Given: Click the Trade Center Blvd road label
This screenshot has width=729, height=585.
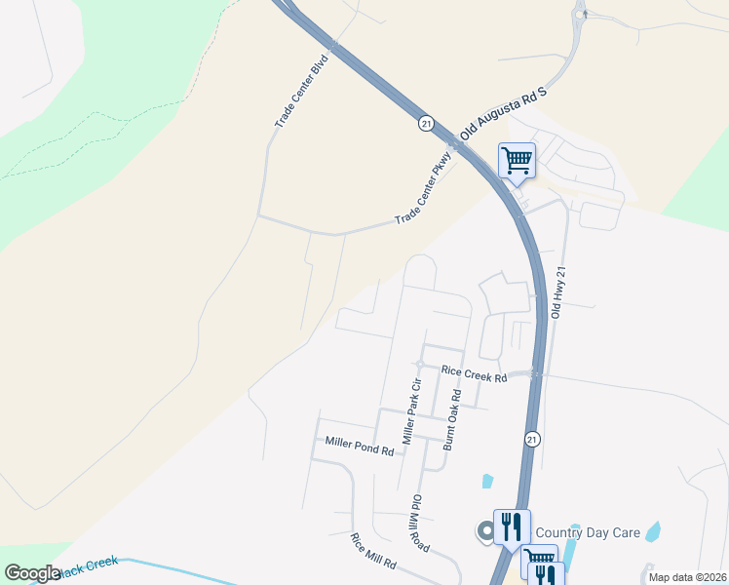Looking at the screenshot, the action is tap(301, 91).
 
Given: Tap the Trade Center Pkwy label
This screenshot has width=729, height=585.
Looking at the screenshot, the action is tap(426, 184).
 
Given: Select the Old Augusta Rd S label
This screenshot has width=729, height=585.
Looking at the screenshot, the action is tap(508, 115).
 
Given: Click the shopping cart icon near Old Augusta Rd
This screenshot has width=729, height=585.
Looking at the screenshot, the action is tap(517, 159).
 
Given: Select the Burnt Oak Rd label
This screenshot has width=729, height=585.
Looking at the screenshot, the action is tap(451, 419).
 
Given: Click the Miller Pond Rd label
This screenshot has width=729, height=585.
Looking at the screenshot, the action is tap(360, 449).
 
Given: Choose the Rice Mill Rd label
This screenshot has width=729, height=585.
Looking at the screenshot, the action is tap(374, 551).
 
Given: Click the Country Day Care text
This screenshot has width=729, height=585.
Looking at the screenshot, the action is tap(587, 532).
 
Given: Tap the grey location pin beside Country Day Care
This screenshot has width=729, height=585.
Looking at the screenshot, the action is tap(484, 532).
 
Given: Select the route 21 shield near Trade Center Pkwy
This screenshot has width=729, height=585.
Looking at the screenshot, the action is tap(426, 123).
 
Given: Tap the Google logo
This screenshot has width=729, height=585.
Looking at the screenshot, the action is tap(31, 573).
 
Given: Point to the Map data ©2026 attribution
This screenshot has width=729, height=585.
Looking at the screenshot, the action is tap(687, 577).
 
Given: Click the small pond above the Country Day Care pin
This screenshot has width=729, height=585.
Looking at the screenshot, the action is tap(486, 481).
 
